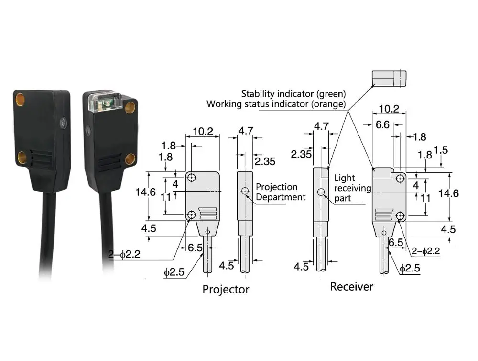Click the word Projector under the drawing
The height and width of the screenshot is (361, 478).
[226, 289]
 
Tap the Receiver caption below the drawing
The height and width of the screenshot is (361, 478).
[351, 287]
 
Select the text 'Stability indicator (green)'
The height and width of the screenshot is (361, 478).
[293, 94]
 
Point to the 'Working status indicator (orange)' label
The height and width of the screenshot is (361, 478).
[276, 104]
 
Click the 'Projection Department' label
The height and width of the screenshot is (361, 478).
[280, 192]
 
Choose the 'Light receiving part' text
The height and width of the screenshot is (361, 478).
[352, 188]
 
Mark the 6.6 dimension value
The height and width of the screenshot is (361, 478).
[382, 124]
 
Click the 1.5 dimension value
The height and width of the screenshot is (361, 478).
[441, 150]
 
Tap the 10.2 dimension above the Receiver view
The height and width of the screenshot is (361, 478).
[389, 109]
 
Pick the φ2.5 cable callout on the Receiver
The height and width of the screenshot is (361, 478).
[409, 269]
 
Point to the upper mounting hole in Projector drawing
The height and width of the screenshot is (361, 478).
[192, 178]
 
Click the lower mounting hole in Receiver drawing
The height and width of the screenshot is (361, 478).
[400, 216]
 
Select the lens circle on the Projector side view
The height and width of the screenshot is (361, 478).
[245, 192]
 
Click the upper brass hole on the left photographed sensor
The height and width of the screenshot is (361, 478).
[21, 100]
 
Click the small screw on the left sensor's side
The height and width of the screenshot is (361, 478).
[63, 123]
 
